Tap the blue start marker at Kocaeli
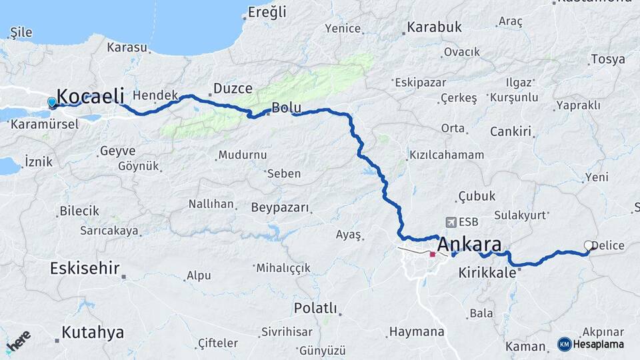(x=52, y=102)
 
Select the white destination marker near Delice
(x=589, y=245)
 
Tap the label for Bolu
(x=287, y=108)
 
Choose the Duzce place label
(x=233, y=88)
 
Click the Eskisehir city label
(x=85, y=269)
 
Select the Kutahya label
(x=93, y=333)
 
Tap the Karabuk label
(x=434, y=28)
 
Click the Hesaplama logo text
(x=596, y=344)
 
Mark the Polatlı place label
(x=315, y=309)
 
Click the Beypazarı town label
(x=280, y=207)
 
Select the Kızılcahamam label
(x=445, y=155)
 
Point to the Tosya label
(x=608, y=59)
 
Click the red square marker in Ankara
(x=433, y=254)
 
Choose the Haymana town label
(x=417, y=331)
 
